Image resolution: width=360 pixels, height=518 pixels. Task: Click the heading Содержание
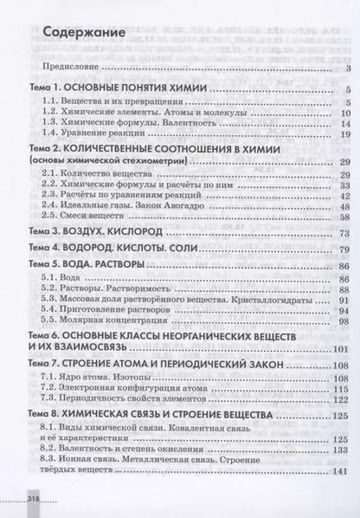(84, 33)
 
